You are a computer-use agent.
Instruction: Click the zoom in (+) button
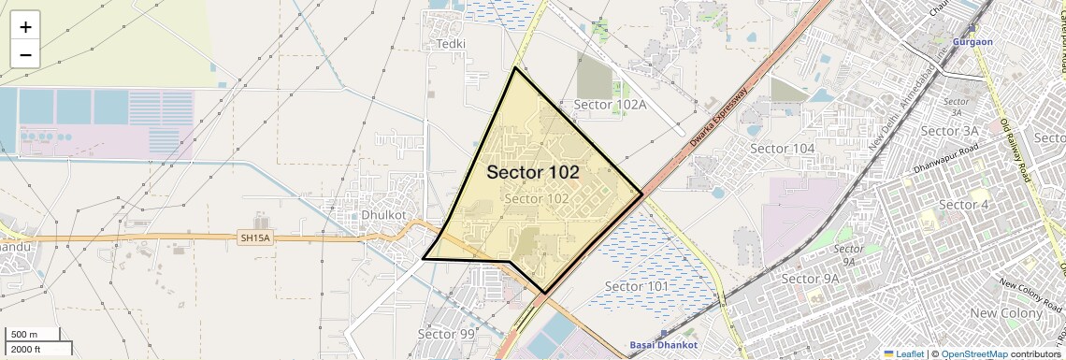25,27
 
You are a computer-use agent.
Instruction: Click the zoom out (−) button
25,55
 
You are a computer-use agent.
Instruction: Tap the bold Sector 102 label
533,173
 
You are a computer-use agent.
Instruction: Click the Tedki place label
451,44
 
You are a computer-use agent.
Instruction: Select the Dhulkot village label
383,214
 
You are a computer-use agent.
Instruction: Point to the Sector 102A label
611,105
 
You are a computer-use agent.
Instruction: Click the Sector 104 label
783,149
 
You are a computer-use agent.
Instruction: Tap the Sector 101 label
637,285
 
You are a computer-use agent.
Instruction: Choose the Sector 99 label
446,334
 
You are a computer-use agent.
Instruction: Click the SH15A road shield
254,238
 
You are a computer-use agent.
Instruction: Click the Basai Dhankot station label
663,345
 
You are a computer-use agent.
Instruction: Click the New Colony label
1006,313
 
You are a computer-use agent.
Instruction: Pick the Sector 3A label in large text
949,131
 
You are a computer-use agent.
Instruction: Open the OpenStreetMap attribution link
973,353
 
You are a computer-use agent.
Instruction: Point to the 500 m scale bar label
23,335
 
